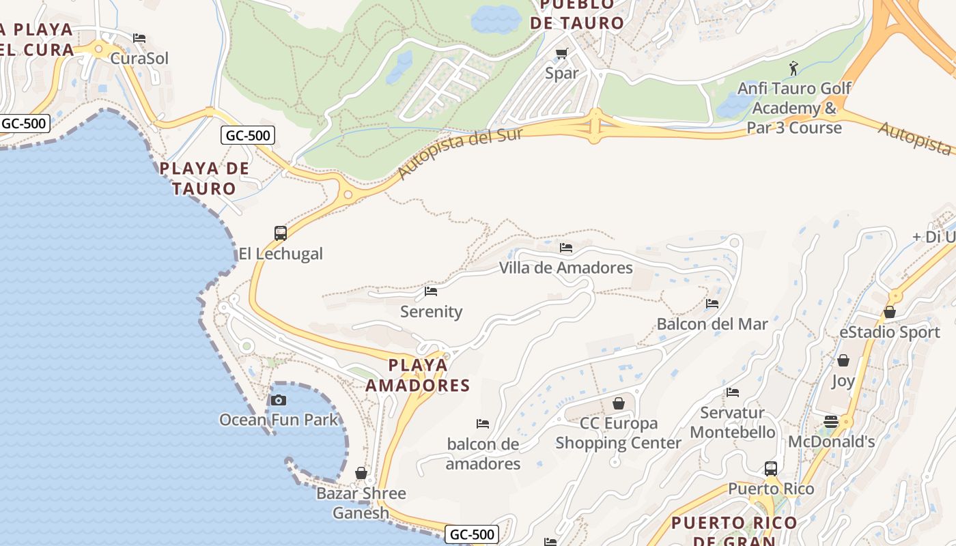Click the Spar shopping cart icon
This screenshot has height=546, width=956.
(562, 53)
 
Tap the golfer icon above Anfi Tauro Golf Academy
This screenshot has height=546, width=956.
(793, 68)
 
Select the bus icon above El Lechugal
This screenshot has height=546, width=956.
(281, 233)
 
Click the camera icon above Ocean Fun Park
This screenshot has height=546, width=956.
(279, 400)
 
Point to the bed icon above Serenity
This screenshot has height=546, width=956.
(431, 291)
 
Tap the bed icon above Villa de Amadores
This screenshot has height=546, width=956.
(566, 247)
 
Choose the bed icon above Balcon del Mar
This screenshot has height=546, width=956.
(712, 303)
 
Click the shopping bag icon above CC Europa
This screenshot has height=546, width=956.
(618, 403)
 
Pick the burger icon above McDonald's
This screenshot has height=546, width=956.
(831, 421)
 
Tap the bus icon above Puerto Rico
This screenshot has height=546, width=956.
(771, 469)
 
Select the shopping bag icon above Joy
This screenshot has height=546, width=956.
(843, 360)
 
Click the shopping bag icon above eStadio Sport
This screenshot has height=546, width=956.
(890, 312)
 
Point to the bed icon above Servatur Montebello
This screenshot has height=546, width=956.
(733, 392)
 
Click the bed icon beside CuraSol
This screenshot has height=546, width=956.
(139, 38)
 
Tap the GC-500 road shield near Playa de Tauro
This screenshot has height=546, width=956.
(248, 135)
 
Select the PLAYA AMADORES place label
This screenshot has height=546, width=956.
(418, 375)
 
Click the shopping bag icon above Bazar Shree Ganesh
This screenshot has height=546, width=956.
(361, 473)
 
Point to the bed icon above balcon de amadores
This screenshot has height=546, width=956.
(483, 424)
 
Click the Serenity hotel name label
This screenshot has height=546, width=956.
(432, 312)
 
